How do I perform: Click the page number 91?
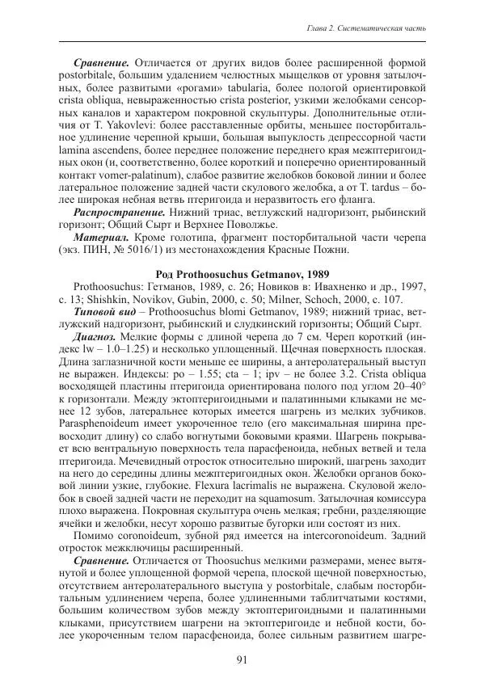[242, 659]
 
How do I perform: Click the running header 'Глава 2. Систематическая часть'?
[368, 30]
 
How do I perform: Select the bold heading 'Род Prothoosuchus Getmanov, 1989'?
[242, 274]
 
